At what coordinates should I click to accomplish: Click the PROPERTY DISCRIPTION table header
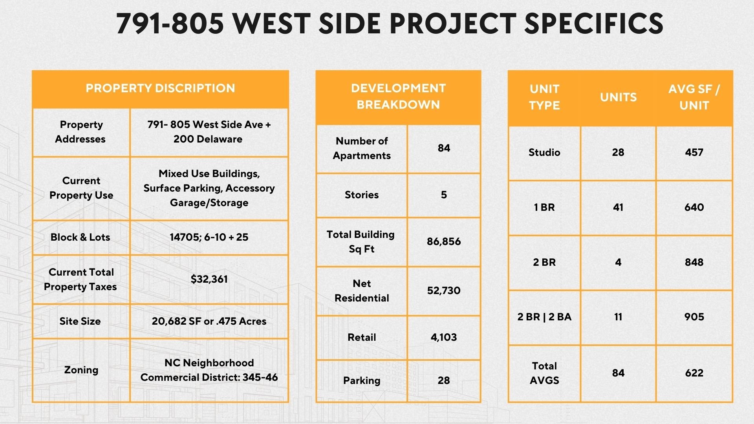160,88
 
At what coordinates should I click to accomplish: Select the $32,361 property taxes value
209,279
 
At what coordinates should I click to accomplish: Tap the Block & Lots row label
80,237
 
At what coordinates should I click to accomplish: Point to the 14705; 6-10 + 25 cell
209,237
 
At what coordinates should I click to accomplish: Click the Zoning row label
81,370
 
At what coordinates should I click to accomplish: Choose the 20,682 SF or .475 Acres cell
209,321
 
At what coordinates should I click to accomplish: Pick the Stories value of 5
444,195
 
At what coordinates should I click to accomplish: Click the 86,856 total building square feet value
444,241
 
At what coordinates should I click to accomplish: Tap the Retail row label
362,337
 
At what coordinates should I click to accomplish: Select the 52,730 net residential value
444,291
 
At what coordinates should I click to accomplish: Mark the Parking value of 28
444,380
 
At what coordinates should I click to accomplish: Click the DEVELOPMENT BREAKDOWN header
398,96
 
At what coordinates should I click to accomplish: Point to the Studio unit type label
544,152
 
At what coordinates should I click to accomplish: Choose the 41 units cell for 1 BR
618,207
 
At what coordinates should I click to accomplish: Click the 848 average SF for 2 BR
694,262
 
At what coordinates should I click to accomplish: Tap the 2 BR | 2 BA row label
544,317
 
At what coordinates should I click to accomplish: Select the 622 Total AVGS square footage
694,373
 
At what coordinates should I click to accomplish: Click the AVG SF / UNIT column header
694,97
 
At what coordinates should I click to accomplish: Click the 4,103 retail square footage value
444,337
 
